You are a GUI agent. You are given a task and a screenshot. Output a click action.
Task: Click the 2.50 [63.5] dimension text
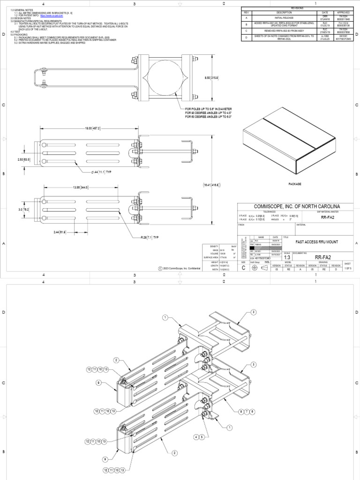(x=24, y=159)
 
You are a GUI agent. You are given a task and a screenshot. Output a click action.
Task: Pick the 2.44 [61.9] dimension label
(x=59, y=232)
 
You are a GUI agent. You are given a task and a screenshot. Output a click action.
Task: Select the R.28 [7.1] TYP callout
(x=150, y=238)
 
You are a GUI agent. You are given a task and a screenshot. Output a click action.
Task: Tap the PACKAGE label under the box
(x=294, y=184)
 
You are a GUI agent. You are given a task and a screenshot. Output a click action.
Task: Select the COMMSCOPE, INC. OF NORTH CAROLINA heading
(x=297, y=207)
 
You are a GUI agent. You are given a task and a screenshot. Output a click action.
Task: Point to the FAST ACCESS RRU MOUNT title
(x=317, y=241)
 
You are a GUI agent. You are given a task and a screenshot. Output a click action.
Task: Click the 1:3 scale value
(x=288, y=257)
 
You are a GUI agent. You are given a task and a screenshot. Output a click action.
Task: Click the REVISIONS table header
(x=297, y=8)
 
